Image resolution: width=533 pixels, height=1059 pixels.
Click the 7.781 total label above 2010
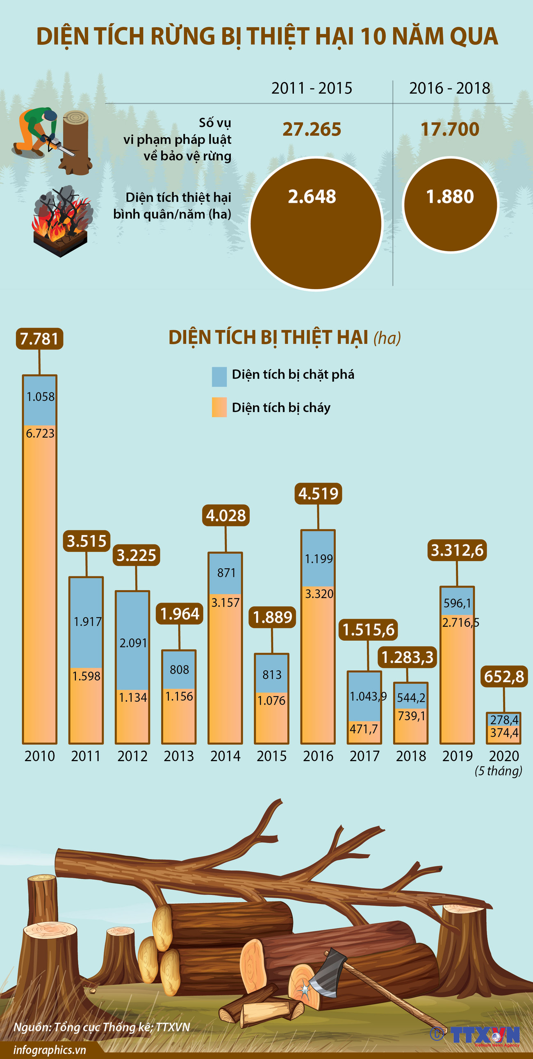[39, 339]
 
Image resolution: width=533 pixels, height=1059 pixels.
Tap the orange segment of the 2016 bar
[318, 666]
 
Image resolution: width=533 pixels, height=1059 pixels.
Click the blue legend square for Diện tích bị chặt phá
[219, 376]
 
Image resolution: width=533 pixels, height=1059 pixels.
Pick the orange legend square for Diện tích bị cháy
[219, 407]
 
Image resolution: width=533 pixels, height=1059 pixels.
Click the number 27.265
[312, 129]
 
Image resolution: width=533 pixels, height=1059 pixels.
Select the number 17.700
[450, 129]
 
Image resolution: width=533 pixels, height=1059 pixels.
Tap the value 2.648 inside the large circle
[312, 197]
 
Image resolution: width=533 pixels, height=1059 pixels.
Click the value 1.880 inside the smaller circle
[450, 197]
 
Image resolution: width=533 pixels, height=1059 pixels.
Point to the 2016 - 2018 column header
[449, 88]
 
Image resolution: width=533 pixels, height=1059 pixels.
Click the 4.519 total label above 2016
[318, 493]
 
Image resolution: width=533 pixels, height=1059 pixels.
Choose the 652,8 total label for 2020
[504, 676]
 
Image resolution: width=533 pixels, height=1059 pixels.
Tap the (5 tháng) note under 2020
[498, 771]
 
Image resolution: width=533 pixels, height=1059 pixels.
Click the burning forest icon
[62, 222]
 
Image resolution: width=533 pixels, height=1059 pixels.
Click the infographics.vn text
[50, 1050]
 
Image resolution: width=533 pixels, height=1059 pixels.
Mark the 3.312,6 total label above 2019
[457, 550]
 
